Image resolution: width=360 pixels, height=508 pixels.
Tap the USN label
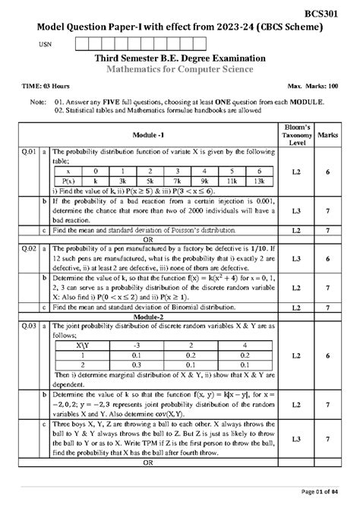point(47,45)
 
